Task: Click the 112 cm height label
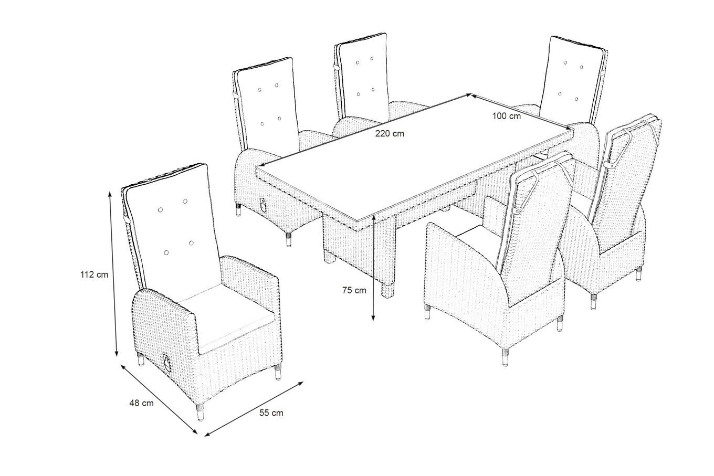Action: tap(94, 274)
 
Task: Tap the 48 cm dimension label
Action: tap(142, 403)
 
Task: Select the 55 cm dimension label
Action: tap(271, 413)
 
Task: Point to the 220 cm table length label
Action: tap(390, 133)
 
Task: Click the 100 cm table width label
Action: tap(507, 117)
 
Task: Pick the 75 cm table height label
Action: tap(354, 290)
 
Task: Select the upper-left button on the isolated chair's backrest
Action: tap(160, 209)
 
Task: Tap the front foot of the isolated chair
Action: tap(200, 412)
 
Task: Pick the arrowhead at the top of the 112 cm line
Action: tap(110, 194)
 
